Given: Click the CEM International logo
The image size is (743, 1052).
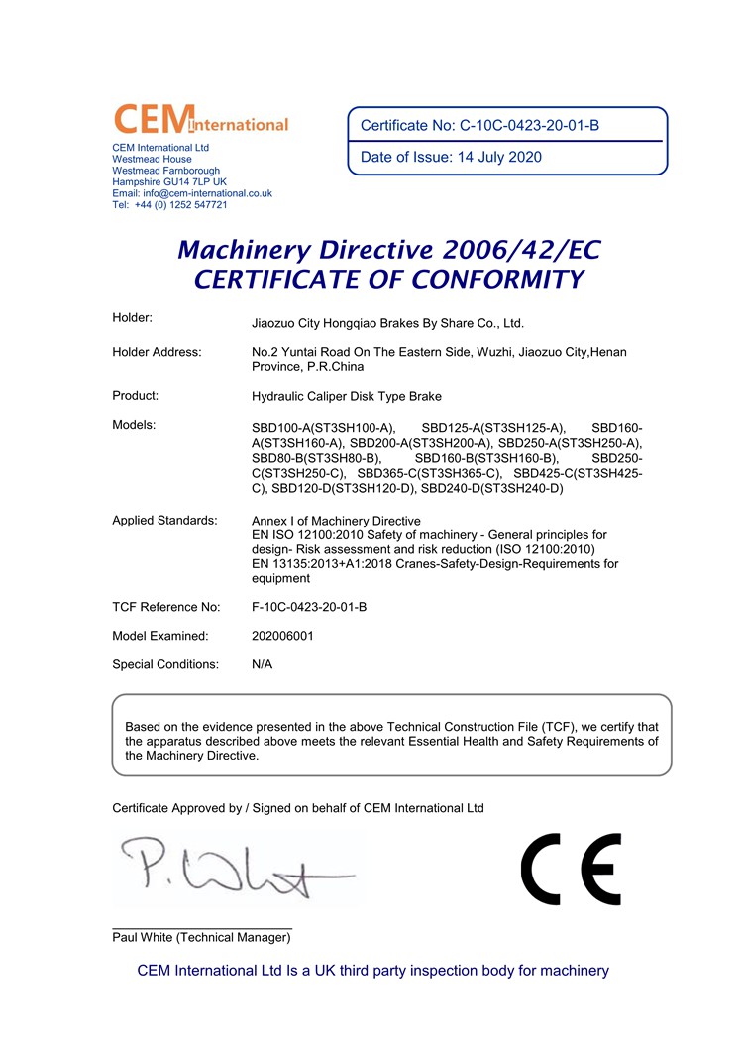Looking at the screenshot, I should coord(201,119).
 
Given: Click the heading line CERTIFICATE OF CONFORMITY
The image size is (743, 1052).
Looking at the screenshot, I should coord(388,280).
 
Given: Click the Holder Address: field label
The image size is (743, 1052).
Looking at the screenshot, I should coord(157,352).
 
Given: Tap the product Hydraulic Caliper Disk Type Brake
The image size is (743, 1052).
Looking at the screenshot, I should coord(347,396).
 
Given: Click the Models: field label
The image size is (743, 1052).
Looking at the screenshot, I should coord(135,425).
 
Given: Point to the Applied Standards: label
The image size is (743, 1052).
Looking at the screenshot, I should coord(164,521).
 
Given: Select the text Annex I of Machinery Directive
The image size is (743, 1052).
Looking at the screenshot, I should coord(337,521).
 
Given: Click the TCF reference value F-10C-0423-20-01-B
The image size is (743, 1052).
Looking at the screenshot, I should coord(310,606).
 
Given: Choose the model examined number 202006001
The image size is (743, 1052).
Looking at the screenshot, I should coord(283,636).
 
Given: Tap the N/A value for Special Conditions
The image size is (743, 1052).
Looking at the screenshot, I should coord(264,664).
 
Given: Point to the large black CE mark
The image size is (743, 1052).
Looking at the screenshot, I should coord(571,869).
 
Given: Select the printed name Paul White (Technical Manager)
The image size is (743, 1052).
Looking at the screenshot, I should coord(202,937).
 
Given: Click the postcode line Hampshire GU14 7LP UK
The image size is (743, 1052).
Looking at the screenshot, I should coord(169,182).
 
